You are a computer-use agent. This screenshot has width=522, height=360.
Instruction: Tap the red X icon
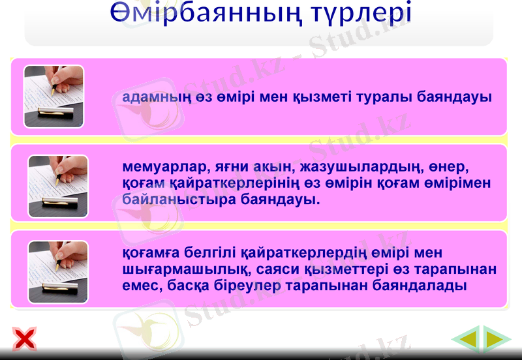click(x=25, y=338)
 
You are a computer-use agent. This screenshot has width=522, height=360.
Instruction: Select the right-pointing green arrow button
click(x=497, y=338)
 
